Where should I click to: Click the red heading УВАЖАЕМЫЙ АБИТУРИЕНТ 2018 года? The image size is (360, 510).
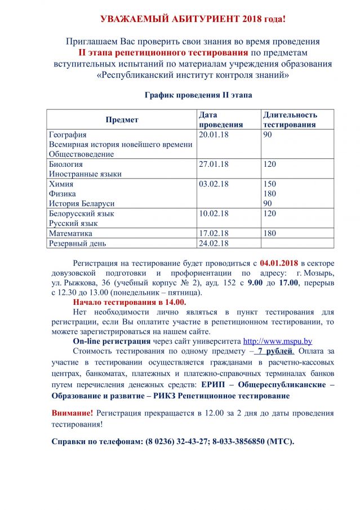[193, 19]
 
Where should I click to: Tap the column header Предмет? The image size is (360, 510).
[122, 119]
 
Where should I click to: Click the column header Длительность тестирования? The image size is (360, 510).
[290, 119]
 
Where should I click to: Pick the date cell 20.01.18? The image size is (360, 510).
[214, 135]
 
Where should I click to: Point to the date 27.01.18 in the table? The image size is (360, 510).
[214, 165]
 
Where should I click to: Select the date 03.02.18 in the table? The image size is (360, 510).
[214, 184]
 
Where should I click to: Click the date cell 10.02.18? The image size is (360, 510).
[214, 214]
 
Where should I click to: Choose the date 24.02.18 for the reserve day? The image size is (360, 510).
[214, 243]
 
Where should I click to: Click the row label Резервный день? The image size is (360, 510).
[77, 243]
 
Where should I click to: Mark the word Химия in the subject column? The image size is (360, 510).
[61, 184]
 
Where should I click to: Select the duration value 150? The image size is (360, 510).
[270, 184]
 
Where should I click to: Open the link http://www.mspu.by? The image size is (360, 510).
[277, 341]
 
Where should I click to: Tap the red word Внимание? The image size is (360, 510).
[72, 413]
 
